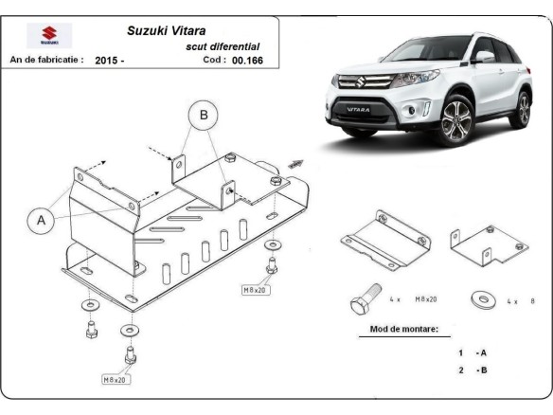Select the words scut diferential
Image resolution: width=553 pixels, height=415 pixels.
coord(223,45)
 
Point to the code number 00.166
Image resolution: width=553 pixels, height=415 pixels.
coord(251,59)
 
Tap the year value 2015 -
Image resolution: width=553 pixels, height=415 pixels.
coord(110,60)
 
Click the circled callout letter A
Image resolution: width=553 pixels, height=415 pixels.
coord(42,221)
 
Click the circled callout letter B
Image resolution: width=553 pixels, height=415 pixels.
coord(201,114)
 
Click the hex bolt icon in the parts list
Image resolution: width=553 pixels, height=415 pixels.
coord(362,300)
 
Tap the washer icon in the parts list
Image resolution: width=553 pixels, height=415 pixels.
coord(482,301)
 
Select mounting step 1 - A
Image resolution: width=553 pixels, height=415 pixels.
coord(472,352)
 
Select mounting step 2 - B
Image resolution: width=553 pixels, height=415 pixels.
coord(472,370)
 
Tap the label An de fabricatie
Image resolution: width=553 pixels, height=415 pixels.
coord(46,60)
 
